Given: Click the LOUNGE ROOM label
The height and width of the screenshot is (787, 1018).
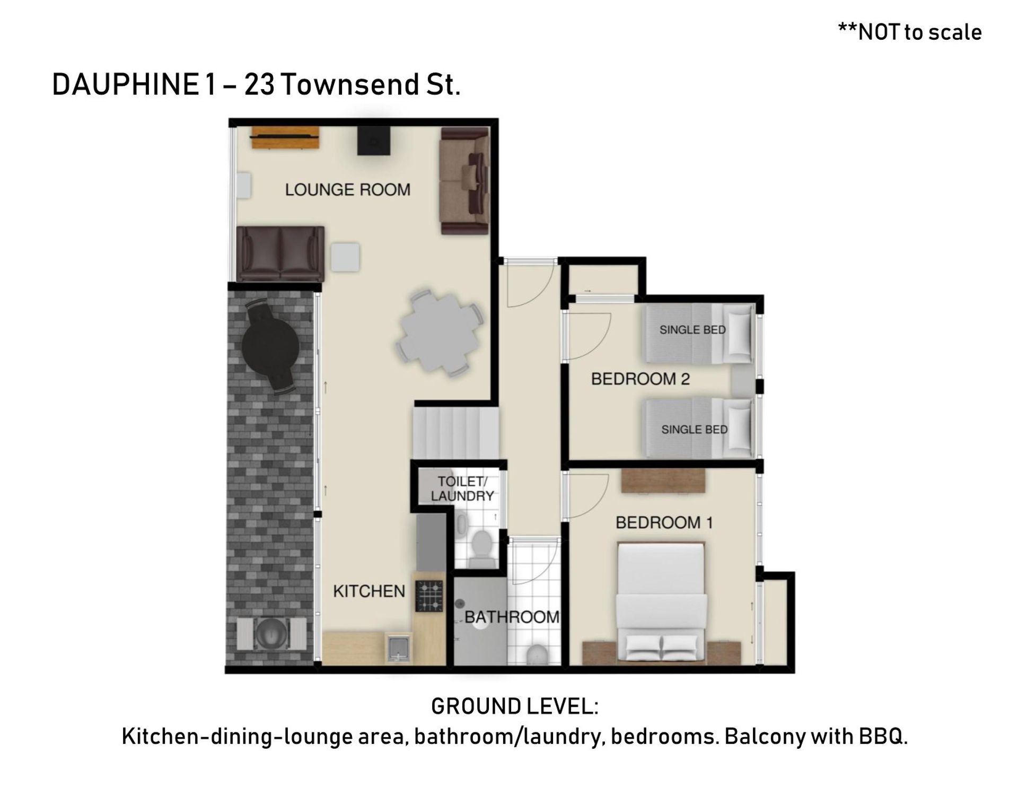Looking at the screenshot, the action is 348,190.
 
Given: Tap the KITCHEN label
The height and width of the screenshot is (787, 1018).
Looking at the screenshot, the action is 369,591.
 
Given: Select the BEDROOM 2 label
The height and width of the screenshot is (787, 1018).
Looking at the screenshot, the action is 640,379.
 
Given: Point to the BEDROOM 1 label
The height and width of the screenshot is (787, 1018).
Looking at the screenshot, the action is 664,522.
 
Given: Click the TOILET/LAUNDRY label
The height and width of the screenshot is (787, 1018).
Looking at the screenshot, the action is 462,488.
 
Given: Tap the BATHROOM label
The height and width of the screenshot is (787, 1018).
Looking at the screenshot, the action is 512,617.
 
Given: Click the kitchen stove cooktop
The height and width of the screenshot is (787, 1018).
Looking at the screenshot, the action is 429,597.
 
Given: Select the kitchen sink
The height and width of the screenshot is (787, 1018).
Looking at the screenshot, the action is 398,648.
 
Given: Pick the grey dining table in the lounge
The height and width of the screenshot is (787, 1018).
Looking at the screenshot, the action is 440,333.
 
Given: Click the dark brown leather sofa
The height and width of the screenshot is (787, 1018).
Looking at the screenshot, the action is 280,253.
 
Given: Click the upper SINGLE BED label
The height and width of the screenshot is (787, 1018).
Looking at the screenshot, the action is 692,330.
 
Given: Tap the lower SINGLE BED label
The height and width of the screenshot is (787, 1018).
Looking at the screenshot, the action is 694,430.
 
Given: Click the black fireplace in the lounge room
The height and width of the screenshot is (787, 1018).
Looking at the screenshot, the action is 374,141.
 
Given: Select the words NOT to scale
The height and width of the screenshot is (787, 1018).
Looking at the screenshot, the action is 919,32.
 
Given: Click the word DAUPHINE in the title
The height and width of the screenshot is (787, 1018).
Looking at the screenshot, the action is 125,85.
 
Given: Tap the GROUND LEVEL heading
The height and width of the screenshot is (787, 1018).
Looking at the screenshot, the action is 515,706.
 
